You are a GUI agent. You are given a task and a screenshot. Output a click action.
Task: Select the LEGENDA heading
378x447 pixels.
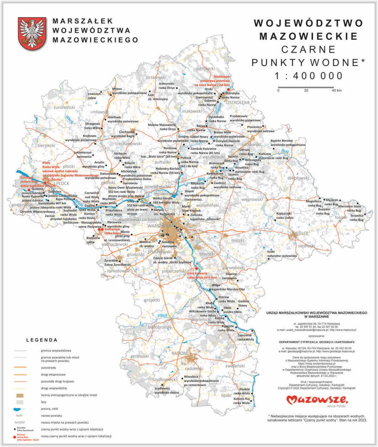(x=42, y=339)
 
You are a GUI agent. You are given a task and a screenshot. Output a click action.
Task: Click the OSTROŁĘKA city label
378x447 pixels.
(x=237, y=102)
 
